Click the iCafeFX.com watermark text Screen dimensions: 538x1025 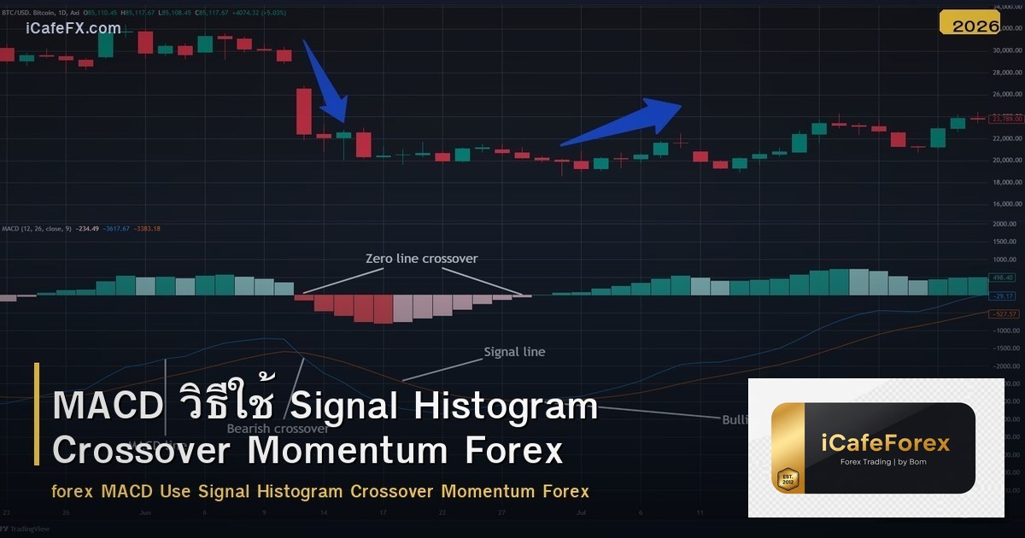tap(73, 28)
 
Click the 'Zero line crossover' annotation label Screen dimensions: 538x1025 tap(421, 259)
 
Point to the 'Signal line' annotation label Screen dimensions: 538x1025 tap(514, 352)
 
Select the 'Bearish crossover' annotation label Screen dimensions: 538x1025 tap(278, 429)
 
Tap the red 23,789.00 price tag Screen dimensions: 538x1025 tap(1005, 118)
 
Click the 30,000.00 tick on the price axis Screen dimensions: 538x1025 tap(1005, 50)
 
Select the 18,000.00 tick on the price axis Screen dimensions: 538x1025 tap(1005, 182)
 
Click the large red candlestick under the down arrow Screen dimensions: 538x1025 tap(303, 111)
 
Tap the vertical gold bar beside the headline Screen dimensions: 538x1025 tap(37, 414)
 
